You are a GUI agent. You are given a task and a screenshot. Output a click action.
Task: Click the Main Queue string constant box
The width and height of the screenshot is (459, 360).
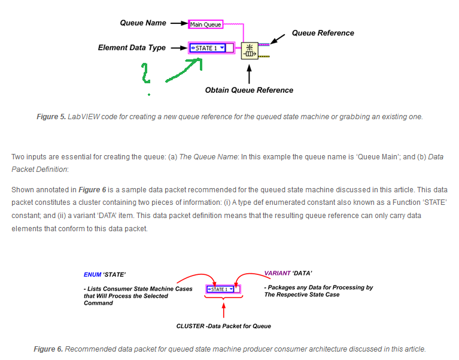205,25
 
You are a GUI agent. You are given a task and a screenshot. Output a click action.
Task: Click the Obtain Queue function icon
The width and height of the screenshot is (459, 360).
249,51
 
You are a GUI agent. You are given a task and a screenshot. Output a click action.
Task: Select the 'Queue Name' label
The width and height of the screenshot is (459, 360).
144,23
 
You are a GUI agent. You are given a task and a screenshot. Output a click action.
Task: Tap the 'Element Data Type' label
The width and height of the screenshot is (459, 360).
132,47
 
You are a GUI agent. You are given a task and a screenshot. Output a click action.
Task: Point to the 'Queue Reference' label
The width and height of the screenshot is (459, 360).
323,33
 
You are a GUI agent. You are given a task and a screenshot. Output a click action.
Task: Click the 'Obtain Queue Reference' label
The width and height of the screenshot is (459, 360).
249,90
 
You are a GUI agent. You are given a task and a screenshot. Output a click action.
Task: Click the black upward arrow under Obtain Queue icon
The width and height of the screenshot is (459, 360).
249,72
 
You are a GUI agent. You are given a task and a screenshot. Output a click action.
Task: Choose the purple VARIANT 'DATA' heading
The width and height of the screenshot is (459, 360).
288,273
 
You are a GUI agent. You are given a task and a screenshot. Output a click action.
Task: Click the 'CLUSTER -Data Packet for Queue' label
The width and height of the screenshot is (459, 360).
223,326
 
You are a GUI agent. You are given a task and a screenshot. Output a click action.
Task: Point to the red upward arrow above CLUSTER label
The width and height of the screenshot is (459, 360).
223,311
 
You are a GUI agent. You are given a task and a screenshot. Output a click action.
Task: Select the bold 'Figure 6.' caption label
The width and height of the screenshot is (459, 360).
48,349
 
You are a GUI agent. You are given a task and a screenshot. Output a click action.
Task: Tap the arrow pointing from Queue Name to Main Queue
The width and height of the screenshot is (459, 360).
178,23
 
